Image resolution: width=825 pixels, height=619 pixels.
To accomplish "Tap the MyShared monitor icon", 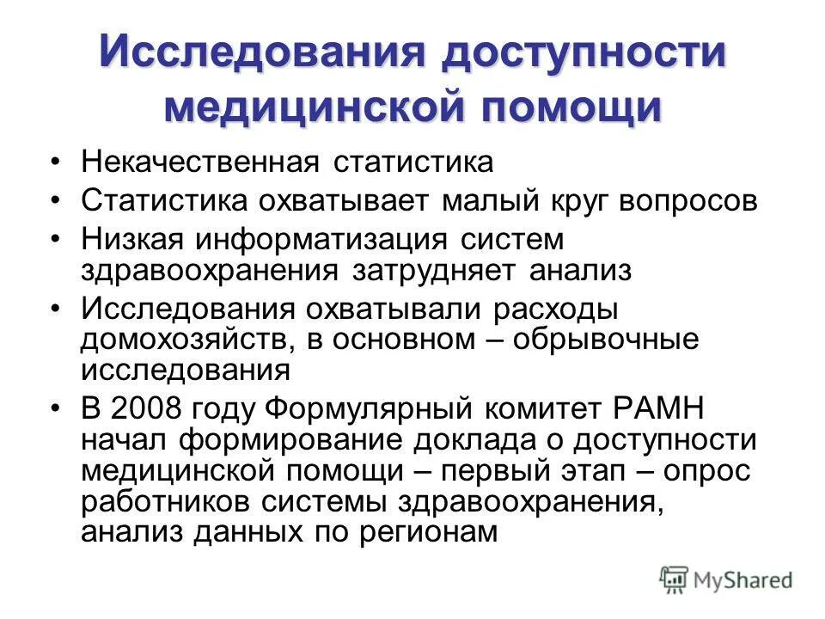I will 675,579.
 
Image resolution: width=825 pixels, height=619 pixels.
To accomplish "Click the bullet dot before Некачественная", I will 56,162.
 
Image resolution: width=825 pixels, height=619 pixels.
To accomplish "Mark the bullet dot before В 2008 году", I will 56,407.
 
